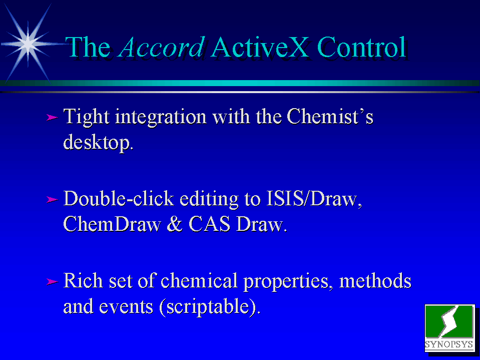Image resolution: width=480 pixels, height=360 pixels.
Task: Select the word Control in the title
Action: (361, 47)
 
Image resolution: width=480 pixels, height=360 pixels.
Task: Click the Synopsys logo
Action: (449, 327)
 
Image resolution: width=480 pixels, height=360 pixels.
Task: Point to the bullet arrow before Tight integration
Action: (52, 117)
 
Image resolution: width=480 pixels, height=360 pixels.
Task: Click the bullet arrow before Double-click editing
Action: (52, 200)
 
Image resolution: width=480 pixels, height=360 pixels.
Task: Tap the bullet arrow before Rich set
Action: (52, 281)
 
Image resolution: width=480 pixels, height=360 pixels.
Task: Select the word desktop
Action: (98, 142)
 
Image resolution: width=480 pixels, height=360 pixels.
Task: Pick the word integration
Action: (161, 117)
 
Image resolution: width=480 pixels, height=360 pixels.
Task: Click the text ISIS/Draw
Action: (314, 198)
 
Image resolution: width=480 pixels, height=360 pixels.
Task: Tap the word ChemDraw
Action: (112, 224)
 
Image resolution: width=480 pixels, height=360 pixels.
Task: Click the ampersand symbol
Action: (175, 224)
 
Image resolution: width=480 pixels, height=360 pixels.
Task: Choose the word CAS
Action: (209, 224)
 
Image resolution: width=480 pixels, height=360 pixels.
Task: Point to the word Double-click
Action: (119, 198)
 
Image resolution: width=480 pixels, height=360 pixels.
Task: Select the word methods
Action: (375, 280)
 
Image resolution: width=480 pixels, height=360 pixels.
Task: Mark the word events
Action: (126, 307)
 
